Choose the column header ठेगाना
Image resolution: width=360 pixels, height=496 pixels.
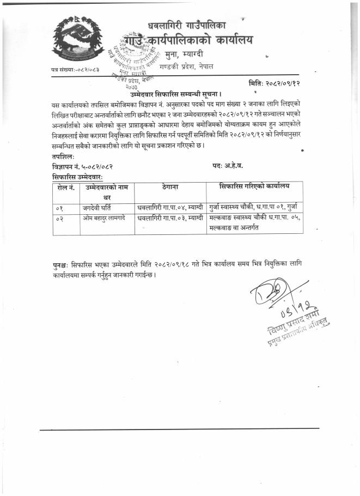(x=170, y=187)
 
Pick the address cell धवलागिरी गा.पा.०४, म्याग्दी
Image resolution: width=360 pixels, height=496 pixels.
(x=170, y=208)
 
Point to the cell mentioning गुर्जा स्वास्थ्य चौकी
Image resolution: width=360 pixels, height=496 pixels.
(x=255, y=208)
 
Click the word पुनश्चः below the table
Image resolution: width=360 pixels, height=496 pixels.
(x=64, y=264)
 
